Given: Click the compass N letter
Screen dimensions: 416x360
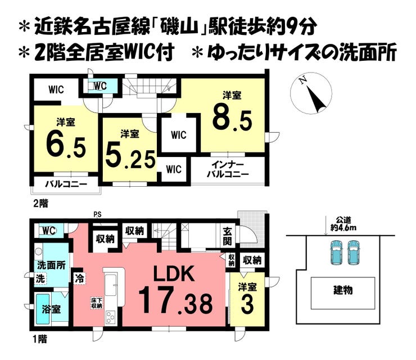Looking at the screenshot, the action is point(302,80).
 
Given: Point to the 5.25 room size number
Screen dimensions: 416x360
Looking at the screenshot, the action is point(130,158).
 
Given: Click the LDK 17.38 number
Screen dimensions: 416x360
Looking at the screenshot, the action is point(175,302).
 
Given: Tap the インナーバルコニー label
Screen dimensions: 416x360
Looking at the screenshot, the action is point(228,170).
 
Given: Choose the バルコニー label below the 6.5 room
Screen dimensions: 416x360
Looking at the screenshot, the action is point(66,184).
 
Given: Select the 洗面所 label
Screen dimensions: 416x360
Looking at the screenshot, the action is point(51,265).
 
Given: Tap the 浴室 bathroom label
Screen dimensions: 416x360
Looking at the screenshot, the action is point(51,309).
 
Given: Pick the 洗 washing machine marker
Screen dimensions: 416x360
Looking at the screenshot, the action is point(40,279).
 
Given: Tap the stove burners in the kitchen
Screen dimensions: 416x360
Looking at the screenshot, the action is point(111,317).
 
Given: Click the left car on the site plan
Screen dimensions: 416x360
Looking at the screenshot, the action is point(336,252).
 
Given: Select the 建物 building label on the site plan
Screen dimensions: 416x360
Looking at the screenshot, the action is point(343,290).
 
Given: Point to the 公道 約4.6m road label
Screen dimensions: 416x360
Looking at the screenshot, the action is point(343,223).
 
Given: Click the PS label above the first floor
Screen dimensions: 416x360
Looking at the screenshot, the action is point(97,214).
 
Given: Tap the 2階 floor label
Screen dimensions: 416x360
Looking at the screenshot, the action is point(40,204).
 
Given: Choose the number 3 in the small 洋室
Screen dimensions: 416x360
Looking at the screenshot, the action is point(247,305).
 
